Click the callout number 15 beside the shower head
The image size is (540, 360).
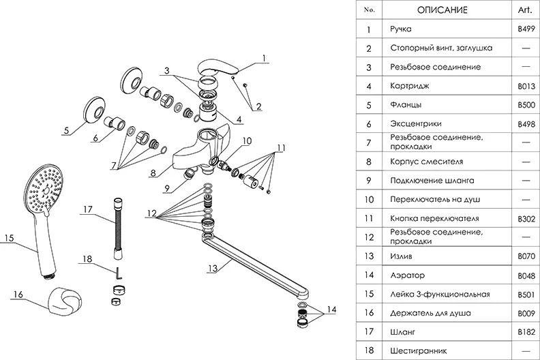(8, 238)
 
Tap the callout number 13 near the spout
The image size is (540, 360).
(213, 268)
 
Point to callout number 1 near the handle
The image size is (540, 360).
(263, 59)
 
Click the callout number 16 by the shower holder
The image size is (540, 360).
(18, 295)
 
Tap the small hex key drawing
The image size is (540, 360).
(118, 273)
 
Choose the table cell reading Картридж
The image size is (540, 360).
(410, 86)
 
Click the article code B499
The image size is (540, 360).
(527, 29)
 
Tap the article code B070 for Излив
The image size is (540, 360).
(527, 256)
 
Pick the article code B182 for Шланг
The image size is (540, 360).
(527, 331)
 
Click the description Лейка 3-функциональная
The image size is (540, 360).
(440, 294)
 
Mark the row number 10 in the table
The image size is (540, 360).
(370, 199)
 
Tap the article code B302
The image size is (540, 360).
(527, 218)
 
